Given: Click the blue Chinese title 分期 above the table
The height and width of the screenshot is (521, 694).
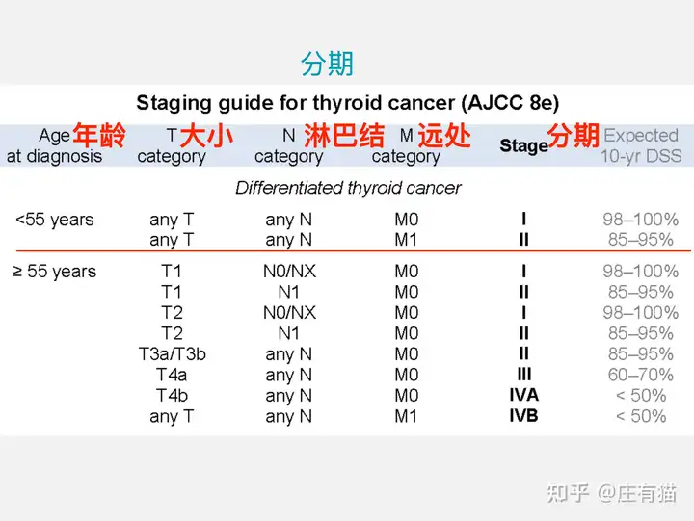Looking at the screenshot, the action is tap(327, 64).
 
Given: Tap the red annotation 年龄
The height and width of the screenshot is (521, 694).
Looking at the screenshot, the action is tap(99, 136).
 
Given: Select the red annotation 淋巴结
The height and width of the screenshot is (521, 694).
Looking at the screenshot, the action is tap(344, 136).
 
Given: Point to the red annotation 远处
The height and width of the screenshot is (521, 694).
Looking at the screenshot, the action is tap(444, 136).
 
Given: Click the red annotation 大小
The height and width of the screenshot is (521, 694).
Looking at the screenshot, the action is tap(206, 136).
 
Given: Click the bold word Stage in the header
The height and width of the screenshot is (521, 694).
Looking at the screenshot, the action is tap(524, 145).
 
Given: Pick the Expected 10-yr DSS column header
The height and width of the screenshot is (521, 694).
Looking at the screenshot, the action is tap(641, 145).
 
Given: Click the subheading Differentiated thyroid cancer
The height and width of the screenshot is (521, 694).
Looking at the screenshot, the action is tap(348, 188).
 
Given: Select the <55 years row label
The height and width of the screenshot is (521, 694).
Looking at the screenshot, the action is tap(54, 220).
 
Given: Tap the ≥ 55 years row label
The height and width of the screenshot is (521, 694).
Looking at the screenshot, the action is tap(54, 272).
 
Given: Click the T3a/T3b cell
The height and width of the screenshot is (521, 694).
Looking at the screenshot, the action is tap(173, 353).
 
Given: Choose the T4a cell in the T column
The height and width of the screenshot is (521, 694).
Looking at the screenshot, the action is tap(172, 375).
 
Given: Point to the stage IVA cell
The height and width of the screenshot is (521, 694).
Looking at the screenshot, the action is tap(524, 395).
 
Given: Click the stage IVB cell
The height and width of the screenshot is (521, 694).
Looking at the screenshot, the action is tap(524, 416).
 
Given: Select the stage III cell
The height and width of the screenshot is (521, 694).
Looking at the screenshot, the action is tap(524, 375).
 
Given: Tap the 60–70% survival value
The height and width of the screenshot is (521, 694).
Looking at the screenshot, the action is tap(641, 375).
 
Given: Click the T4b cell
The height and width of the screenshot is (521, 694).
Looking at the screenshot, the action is tap(172, 395).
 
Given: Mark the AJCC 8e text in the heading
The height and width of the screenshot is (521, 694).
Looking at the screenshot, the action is tap(510, 103).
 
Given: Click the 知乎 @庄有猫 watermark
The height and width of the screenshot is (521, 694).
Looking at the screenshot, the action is tap(612, 493).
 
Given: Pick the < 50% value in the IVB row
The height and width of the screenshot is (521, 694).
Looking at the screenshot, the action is tap(641, 416).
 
